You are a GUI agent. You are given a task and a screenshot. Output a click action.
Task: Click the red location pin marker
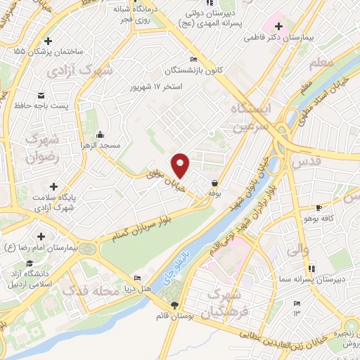(181, 165)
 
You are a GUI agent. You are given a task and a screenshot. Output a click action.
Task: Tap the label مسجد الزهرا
(101, 145)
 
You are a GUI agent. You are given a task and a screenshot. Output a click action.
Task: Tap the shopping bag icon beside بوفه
(212, 184)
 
